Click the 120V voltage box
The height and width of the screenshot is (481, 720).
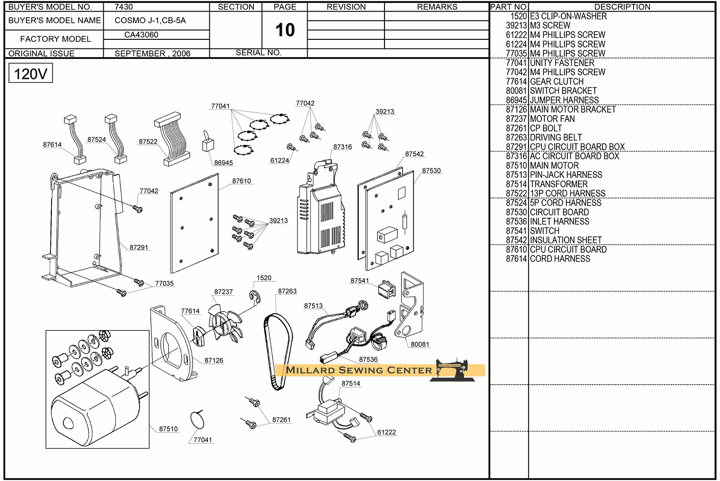click(x=30, y=73)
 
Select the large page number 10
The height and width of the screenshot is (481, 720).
click(x=285, y=30)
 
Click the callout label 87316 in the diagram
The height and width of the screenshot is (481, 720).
click(x=342, y=147)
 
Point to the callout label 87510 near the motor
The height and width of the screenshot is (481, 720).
click(x=168, y=429)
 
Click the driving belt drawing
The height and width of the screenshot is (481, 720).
click(x=277, y=350)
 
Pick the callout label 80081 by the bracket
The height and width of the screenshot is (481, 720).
click(x=420, y=344)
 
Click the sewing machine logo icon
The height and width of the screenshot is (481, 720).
click(x=453, y=370)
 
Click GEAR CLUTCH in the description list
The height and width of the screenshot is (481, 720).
click(x=556, y=82)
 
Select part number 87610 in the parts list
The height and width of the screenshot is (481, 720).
click(x=516, y=249)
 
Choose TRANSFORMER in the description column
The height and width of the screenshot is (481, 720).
click(x=559, y=184)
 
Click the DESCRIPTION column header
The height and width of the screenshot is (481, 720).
click(x=622, y=7)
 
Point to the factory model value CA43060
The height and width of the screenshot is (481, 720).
click(x=141, y=35)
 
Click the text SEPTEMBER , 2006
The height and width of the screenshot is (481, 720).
click(x=152, y=53)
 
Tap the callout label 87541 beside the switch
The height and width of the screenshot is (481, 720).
click(x=360, y=281)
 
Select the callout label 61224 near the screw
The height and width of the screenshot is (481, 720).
click(x=279, y=161)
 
